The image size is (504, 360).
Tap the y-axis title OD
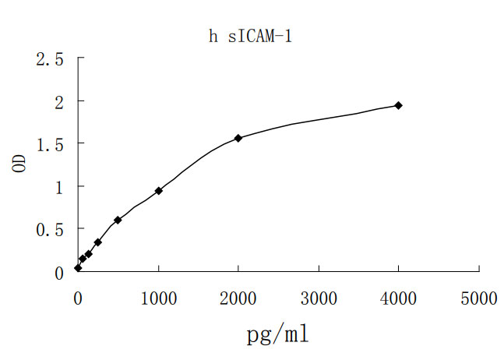tap(21, 164)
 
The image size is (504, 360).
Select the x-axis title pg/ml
tap(277, 335)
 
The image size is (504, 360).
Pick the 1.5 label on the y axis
tap(50, 145)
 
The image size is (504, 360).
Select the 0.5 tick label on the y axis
tap(50, 230)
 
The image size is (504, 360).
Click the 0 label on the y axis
tap(59, 273)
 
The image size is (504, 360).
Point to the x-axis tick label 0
tap(78, 298)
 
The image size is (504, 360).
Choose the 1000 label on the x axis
tap(158, 298)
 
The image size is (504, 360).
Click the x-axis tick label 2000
tap(238, 298)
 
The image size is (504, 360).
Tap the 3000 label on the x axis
tap(319, 298)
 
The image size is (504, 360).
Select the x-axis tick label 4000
tap(399, 298)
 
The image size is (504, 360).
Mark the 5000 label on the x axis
tap(479, 298)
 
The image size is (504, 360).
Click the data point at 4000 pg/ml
tap(399, 105)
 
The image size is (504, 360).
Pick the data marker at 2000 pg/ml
tap(238, 138)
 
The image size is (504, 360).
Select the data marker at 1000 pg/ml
tap(158, 190)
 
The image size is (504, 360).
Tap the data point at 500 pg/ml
tap(118, 220)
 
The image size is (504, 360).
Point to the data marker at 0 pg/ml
tap(78, 267)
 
